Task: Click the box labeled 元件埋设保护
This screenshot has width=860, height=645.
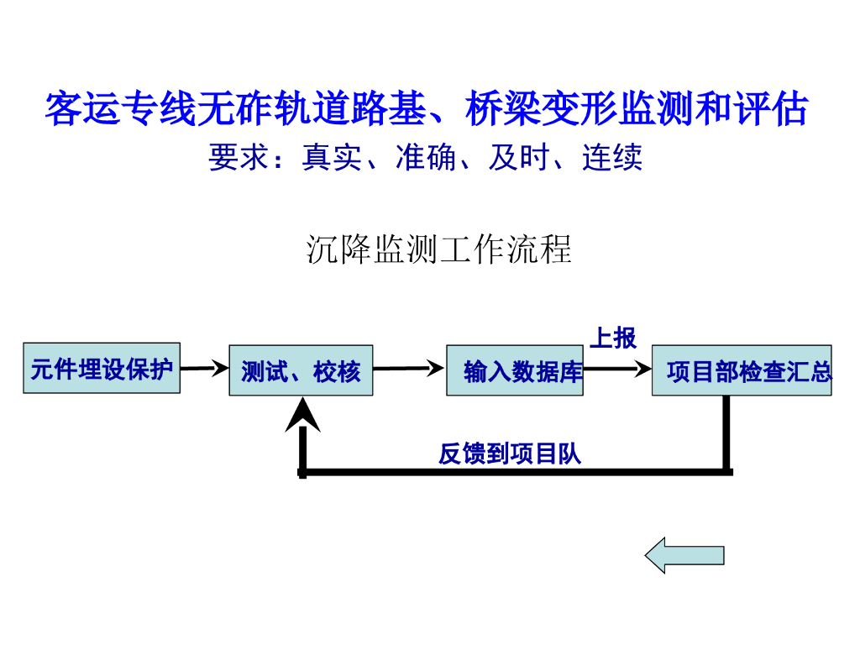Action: tap(102, 368)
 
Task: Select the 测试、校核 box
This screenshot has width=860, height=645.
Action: tap(302, 370)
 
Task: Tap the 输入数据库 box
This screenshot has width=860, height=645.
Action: tap(515, 370)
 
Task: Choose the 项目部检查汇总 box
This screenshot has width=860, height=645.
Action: tap(742, 370)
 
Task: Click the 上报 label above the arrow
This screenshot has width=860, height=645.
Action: tap(613, 338)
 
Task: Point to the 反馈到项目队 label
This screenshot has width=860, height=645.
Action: tap(510, 454)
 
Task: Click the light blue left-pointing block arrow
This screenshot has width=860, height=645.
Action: tap(684, 555)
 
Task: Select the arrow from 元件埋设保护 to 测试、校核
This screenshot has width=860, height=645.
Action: tap(205, 368)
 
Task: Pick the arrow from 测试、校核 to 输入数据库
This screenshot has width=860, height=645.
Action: tap(409, 368)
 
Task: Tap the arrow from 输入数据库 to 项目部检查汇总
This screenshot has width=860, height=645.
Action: tap(617, 369)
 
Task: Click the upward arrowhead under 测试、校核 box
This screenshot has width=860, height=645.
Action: tap(302, 414)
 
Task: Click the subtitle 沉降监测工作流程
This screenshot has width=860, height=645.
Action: tap(438, 249)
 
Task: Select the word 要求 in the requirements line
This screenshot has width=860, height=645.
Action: tap(239, 157)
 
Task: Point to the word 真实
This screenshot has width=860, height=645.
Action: tap(332, 157)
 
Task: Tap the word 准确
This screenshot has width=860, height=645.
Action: tap(426, 157)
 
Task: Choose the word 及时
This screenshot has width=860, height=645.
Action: tap(519, 157)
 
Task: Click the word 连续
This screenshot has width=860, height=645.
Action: tap(612, 157)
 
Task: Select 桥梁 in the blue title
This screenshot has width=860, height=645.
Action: tap(503, 108)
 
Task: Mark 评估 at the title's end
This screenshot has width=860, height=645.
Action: tap(771, 108)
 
